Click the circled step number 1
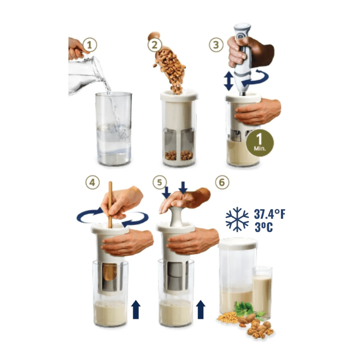click(89, 45)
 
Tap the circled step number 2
click(154, 45)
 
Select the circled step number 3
click(216, 45)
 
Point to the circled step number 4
click(93, 182)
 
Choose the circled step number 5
click(160, 182)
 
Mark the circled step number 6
click(222, 182)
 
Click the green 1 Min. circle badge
click(260, 143)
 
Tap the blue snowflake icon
click(237, 219)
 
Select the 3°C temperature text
click(264, 227)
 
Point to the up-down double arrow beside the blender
click(229, 81)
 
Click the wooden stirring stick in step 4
click(110, 205)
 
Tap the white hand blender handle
click(243, 58)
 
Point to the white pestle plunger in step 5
click(176, 216)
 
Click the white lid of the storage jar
click(238, 244)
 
